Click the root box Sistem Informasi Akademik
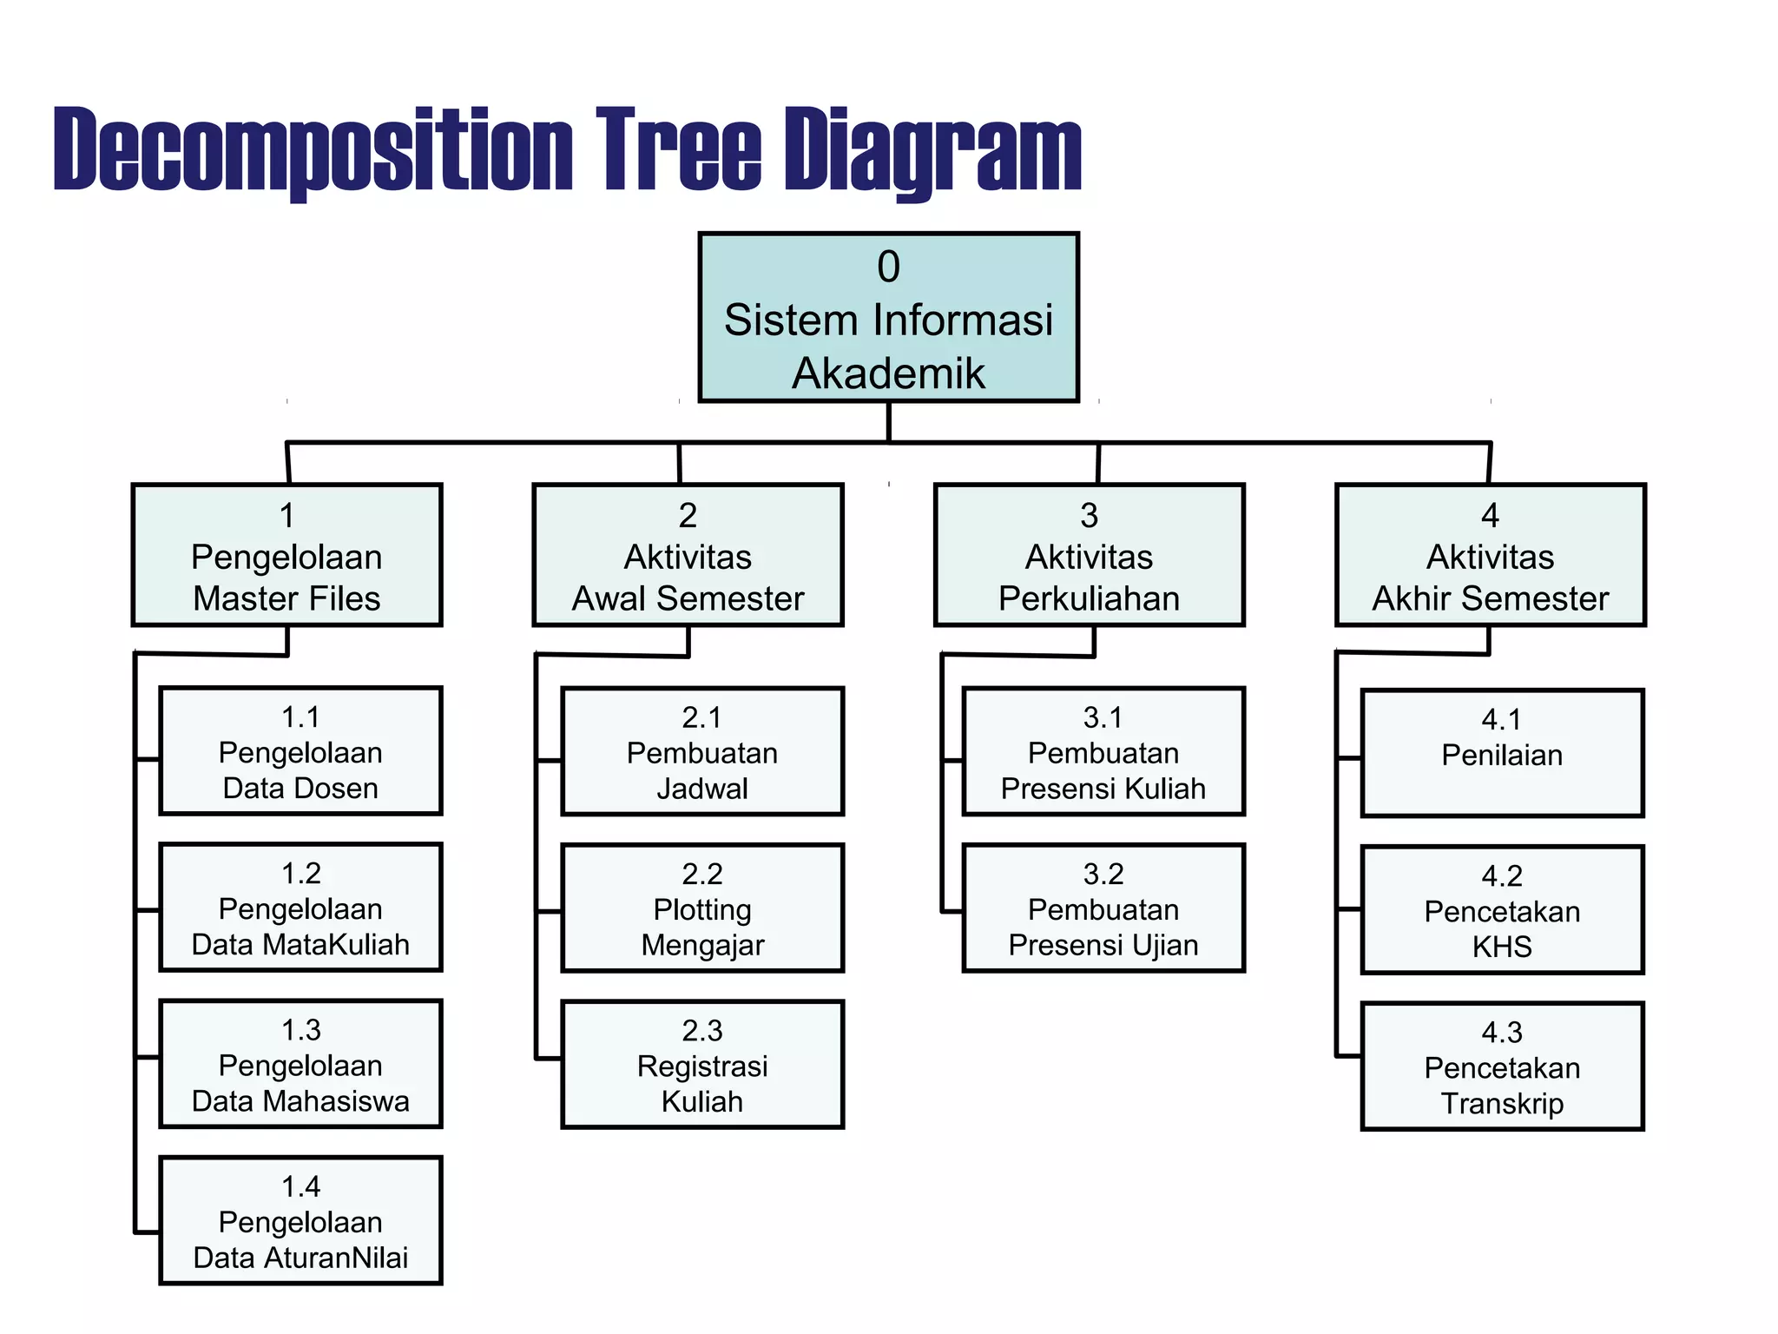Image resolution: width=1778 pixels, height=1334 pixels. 888,318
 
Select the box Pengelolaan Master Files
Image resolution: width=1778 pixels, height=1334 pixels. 286,556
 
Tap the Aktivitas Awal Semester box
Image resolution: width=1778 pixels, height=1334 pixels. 688,556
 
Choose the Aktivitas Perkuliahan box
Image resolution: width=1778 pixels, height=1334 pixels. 1089,556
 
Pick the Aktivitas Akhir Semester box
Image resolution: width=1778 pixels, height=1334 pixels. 1490,556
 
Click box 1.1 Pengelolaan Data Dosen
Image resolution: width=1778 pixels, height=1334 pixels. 300,752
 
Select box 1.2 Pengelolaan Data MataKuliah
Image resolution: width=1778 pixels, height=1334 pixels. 300,908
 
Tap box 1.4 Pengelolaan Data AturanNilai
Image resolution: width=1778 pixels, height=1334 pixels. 300,1221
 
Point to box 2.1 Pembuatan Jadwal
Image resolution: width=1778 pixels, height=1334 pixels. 702,752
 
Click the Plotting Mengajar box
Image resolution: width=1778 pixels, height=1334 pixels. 702,908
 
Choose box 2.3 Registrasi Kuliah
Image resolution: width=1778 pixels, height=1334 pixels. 702,1066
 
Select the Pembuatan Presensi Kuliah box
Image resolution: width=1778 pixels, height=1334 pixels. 1103,752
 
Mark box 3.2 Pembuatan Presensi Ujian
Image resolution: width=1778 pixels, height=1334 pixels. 1103,908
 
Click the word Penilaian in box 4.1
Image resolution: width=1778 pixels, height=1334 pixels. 1502,756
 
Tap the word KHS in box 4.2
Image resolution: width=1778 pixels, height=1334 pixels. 1502,947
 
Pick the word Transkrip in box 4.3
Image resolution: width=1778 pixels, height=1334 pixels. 1502,1104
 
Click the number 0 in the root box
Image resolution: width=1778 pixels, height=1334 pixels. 888,267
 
